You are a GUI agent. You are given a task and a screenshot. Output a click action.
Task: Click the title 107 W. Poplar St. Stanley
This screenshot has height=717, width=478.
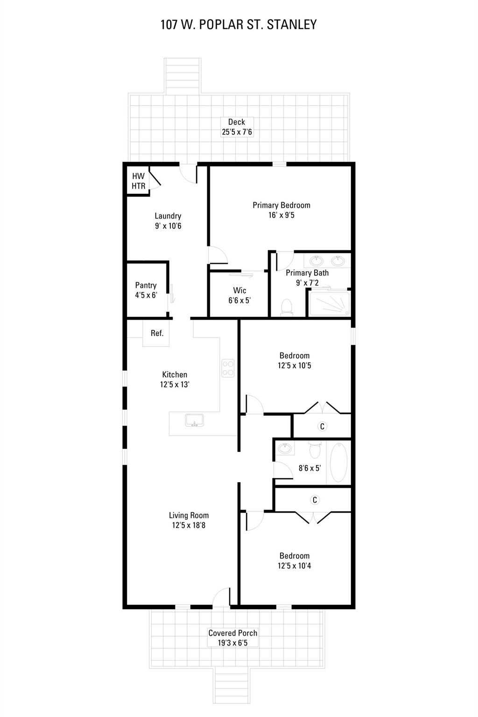pos(239,24)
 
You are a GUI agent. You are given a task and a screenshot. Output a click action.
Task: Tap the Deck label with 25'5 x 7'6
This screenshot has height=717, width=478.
pos(237,127)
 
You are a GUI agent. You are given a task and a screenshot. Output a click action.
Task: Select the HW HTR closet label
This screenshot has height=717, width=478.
pos(138,181)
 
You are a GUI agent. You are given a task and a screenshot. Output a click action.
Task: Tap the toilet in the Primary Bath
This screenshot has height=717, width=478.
pos(286,307)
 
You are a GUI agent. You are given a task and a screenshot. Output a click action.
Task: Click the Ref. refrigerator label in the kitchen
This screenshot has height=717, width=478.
pos(157,333)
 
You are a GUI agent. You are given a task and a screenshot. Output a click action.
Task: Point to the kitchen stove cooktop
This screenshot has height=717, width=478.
pos(228,368)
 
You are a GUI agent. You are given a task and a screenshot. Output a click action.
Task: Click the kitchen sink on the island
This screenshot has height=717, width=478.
pos(194,420)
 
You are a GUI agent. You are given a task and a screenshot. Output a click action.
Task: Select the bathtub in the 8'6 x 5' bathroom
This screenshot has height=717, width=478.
pos(338,462)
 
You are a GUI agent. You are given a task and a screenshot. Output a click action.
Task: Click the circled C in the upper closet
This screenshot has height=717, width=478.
pos(322,426)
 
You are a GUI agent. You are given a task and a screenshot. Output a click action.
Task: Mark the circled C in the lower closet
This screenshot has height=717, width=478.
pos(315,500)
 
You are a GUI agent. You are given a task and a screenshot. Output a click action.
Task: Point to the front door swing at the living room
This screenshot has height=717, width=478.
pos(222,597)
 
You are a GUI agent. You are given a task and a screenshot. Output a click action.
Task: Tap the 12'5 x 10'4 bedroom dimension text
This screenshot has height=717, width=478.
pos(294,566)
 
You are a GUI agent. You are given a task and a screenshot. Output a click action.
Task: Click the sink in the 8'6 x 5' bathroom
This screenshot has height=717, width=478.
pos(284,449)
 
